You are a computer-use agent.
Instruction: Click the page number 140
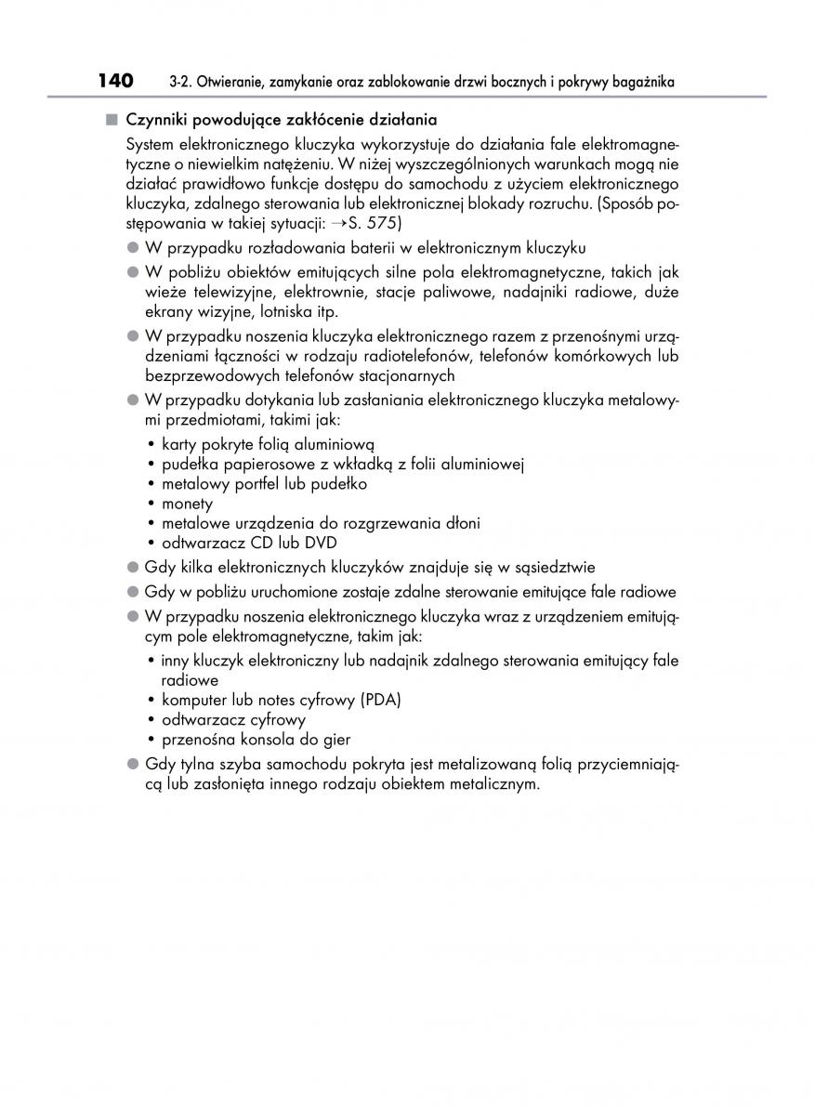(115, 82)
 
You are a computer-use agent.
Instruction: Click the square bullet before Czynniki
(112, 120)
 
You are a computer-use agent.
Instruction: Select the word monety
(187, 504)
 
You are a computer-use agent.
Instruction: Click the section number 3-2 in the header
(181, 84)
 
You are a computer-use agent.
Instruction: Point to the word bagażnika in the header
(641, 84)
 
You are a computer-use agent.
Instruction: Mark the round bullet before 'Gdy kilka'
(132, 567)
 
